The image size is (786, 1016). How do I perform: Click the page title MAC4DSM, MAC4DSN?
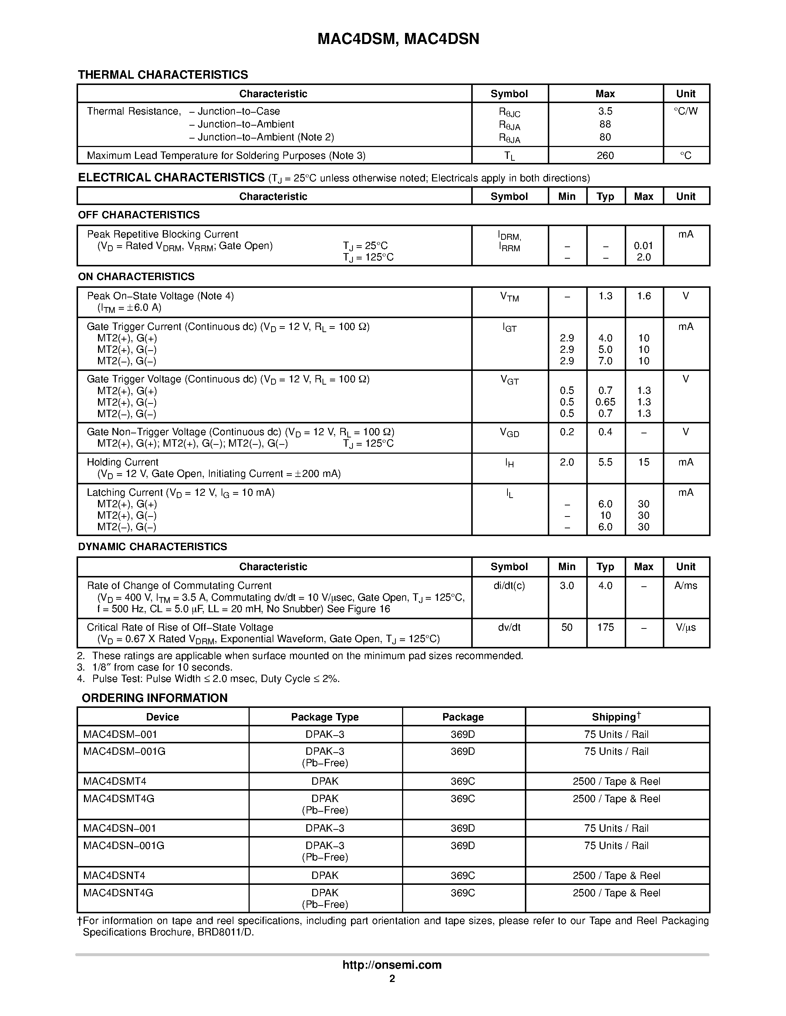[x=398, y=39]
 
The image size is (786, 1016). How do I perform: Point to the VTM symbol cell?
[x=509, y=297]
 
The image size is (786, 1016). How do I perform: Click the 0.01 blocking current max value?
[x=644, y=246]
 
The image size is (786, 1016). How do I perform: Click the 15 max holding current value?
[x=644, y=462]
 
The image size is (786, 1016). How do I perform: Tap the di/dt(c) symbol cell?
[x=509, y=586]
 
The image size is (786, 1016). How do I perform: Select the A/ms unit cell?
[x=685, y=586]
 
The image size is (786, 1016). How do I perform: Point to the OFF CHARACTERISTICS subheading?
[x=139, y=215]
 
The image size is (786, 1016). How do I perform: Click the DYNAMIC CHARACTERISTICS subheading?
[x=152, y=547]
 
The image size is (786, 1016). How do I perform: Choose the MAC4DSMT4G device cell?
[x=119, y=799]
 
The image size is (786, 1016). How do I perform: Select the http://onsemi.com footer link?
[x=392, y=965]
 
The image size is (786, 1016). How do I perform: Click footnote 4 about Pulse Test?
[x=209, y=679]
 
